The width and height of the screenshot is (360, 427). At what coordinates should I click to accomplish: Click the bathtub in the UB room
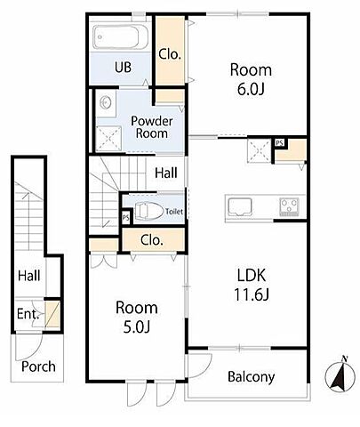120,36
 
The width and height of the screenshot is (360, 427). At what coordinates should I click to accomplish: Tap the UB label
123,68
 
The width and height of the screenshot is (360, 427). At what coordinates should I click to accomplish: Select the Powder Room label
152,127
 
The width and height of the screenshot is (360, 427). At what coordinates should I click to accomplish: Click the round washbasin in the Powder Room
106,103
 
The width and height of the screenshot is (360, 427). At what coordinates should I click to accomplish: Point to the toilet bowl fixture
149,211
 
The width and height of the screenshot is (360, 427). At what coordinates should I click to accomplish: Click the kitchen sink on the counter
240,206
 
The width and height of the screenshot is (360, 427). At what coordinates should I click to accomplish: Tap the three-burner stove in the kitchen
289,206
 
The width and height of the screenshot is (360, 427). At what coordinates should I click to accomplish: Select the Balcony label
251,377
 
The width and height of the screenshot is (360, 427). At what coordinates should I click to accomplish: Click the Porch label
38,367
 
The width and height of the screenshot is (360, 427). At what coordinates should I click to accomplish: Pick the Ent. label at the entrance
28,313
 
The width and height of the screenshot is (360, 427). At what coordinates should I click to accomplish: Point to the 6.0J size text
251,89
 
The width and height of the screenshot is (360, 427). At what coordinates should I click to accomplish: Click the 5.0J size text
137,326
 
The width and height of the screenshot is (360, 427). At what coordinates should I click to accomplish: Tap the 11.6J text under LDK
252,294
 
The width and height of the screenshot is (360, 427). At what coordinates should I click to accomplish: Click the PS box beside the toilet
126,218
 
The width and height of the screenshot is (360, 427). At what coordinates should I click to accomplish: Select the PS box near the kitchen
279,143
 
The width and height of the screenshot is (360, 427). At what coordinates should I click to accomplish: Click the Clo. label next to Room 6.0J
170,54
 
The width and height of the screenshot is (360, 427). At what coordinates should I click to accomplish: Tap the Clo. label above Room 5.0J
152,240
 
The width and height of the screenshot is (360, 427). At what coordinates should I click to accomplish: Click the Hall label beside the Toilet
166,173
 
